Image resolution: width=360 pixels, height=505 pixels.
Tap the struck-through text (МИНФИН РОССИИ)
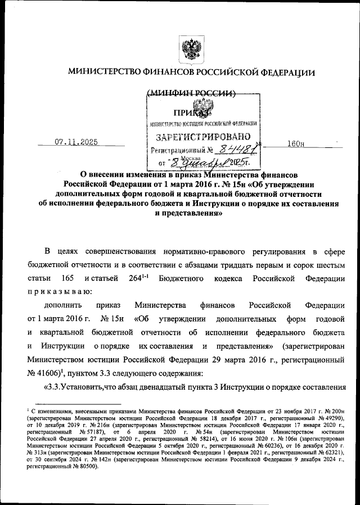coord(190,94)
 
